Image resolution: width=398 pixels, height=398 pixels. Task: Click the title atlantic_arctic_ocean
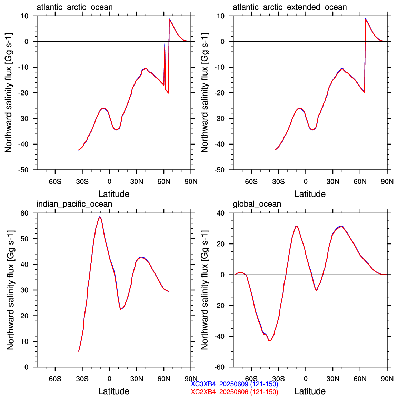[74, 7]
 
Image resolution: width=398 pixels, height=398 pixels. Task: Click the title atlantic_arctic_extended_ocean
[290, 7]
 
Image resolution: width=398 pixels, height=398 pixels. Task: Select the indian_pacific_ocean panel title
[74, 204]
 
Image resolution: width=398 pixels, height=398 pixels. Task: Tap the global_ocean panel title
[257, 204]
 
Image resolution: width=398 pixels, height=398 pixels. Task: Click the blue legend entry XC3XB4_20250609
[235, 384]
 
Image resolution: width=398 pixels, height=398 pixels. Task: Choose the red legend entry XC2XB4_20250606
[235, 392]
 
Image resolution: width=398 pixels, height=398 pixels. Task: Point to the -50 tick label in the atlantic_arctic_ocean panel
[23, 170]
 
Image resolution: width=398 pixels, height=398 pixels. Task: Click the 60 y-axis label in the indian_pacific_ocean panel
[24, 213]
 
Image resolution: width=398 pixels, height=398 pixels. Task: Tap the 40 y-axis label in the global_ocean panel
[221, 213]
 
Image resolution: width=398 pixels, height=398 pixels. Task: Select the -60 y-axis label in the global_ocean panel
[220, 367]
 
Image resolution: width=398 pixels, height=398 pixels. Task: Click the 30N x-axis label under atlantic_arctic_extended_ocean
[333, 181]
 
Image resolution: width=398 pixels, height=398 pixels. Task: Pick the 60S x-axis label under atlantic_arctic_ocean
[55, 181]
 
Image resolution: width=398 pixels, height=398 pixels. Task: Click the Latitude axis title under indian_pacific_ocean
[114, 391]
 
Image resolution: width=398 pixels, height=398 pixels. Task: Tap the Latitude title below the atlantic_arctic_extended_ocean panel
[310, 194]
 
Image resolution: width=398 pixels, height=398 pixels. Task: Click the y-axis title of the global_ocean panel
[205, 290]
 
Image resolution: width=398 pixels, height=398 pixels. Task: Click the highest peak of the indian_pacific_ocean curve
[100, 217]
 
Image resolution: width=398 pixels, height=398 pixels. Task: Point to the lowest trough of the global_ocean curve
[270, 341]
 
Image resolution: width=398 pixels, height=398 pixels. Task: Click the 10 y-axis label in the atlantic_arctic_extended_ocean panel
[221, 16]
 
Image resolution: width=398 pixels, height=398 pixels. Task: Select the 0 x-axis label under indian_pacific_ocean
[109, 379]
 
